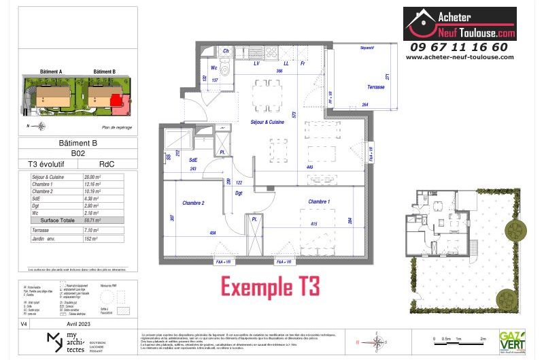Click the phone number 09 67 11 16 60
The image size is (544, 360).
point(459,47)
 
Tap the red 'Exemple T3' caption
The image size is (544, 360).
point(270,284)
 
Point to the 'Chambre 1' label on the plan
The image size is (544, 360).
point(319,202)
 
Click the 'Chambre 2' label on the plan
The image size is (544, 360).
point(193,203)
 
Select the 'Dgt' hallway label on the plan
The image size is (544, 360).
point(239,193)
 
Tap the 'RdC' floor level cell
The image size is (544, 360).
point(107,164)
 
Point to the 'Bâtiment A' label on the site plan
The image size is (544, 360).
point(51,71)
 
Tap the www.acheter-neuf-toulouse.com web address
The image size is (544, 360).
point(459,57)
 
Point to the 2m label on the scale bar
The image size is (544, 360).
point(483,338)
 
